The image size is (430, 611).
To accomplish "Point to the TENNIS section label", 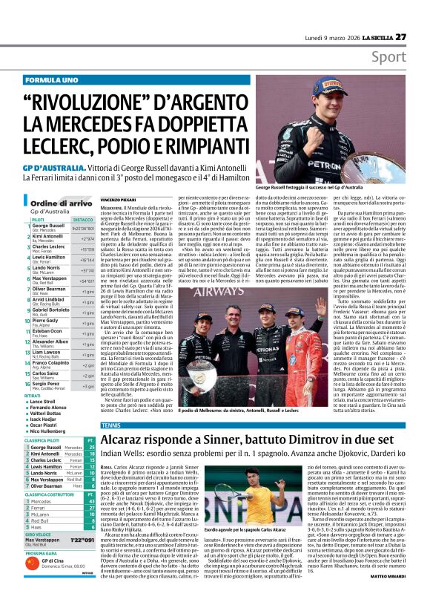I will click(111, 425).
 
